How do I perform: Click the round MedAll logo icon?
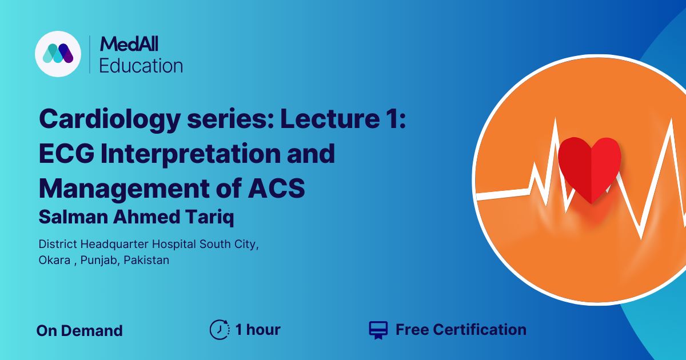click(x=58, y=54)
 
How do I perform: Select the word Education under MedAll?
click(x=141, y=65)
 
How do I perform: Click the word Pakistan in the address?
click(x=148, y=259)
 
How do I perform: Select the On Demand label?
click(x=79, y=330)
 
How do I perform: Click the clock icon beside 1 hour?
click(x=220, y=330)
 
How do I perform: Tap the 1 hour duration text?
click(x=258, y=330)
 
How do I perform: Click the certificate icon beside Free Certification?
click(x=378, y=330)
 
